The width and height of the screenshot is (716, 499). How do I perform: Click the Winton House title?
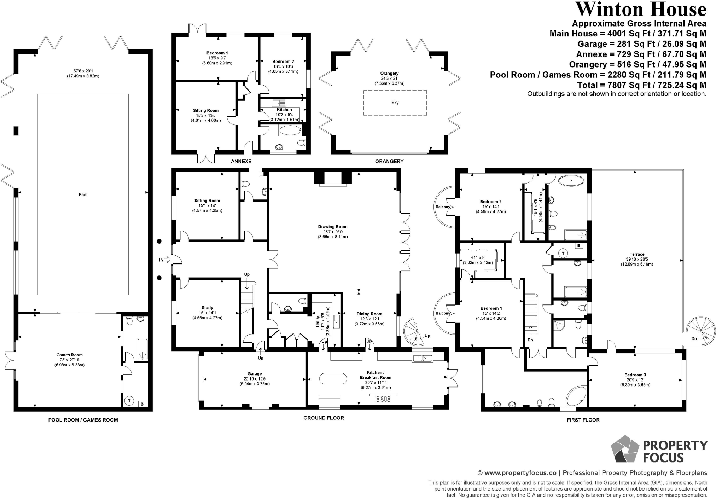pos(641,9)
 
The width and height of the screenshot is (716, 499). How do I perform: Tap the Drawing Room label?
pos(333,227)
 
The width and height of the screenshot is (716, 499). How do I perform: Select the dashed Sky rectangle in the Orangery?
pos(395,103)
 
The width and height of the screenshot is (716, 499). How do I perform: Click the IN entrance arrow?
pos(165,260)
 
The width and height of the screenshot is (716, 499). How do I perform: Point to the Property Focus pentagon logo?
pos(625,449)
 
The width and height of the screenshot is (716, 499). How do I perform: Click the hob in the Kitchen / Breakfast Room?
pos(383,399)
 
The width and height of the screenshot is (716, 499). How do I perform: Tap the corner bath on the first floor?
pos(576,395)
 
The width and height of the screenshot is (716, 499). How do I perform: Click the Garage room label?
pos(255,374)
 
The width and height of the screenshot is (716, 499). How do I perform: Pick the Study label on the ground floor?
pos(208,308)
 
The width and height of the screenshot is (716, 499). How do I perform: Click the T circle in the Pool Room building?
pos(130,401)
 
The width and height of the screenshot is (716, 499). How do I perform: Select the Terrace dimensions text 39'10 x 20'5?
pos(637,259)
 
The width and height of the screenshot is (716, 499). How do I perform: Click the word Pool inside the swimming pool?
pos(83,195)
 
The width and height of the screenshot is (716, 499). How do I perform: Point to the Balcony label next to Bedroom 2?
pos(443,207)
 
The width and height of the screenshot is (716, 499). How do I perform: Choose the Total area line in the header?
pos(642,85)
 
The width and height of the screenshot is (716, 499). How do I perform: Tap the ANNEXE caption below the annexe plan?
pos(241,161)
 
